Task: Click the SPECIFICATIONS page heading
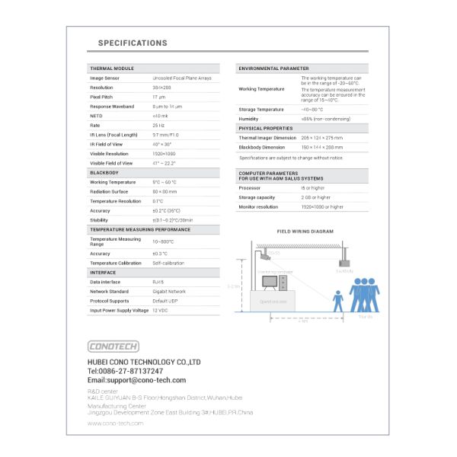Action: coord(133,43)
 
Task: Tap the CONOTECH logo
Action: coord(113,346)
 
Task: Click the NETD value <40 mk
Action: coord(160,116)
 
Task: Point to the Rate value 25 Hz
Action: coord(158,125)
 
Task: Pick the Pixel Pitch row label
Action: coord(101,97)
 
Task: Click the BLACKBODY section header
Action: coord(104,173)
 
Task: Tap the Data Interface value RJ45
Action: coord(158,282)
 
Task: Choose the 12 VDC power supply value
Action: coord(160,310)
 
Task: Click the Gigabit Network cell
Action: coord(169,291)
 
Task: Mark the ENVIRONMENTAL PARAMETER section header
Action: coord(273,69)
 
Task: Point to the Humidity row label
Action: coord(248,119)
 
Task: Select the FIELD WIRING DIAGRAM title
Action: coord(305,231)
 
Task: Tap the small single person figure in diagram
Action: coord(338,300)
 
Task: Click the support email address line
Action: coord(136,380)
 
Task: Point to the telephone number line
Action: coord(125,371)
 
